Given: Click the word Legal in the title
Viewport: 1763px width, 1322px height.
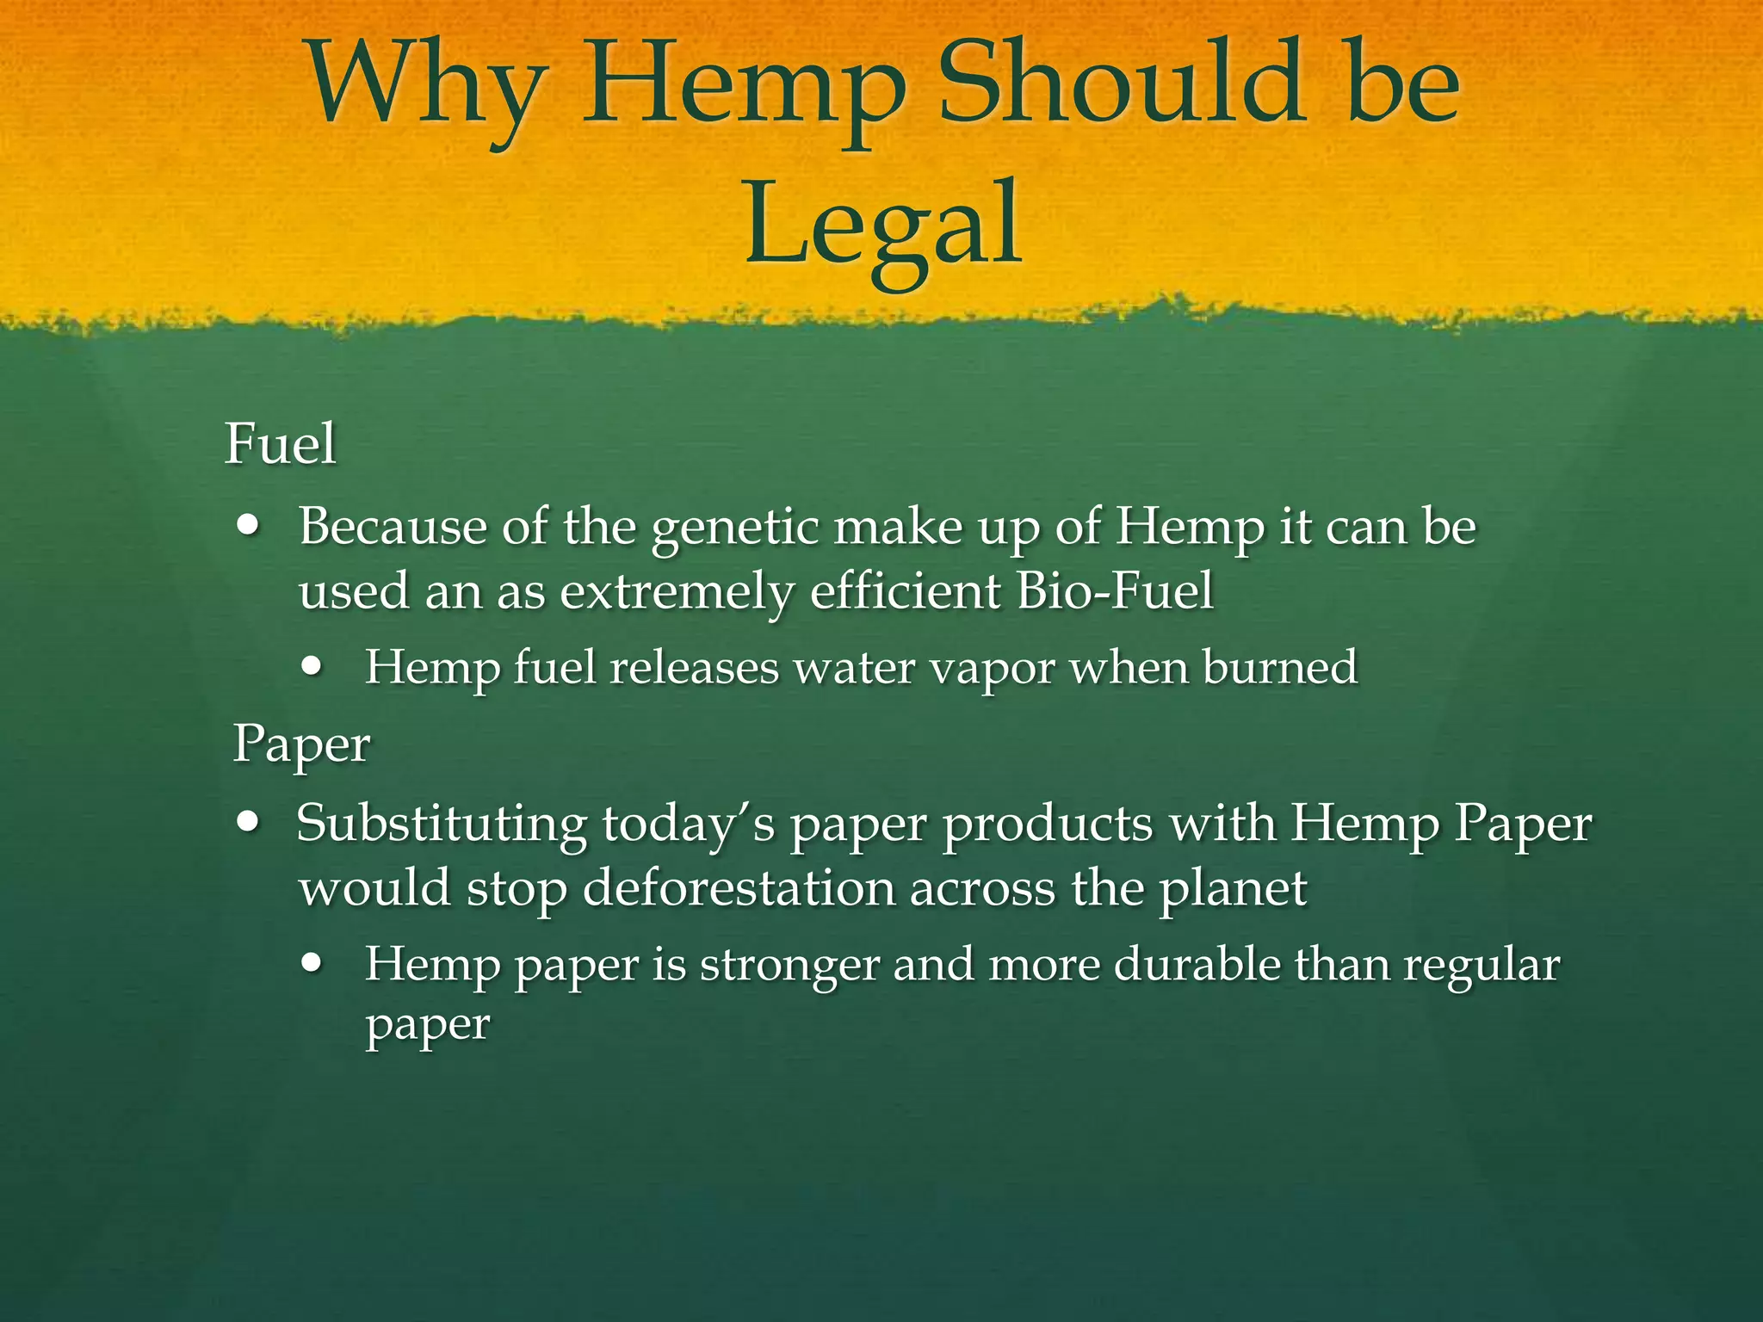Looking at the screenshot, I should point(883,225).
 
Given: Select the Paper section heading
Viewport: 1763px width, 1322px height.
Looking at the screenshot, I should point(301,744).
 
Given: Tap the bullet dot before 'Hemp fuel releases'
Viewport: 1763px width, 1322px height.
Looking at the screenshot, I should point(314,666).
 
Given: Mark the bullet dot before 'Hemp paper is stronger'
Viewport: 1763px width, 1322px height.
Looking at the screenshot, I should point(314,963).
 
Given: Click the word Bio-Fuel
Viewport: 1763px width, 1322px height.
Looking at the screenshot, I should point(1114,592).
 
